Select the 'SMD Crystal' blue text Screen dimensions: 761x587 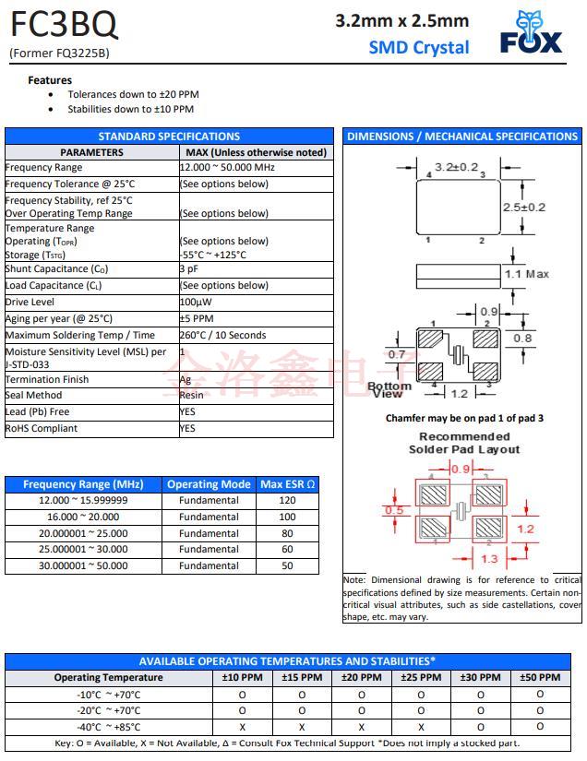point(419,47)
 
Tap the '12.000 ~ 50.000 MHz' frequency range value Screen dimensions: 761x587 point(228,168)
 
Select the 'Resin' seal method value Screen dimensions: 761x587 point(191,396)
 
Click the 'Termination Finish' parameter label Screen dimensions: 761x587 point(47,379)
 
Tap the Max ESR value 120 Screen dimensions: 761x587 point(287,500)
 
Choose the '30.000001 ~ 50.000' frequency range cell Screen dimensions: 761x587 point(83,566)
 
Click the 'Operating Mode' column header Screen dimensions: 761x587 point(209,484)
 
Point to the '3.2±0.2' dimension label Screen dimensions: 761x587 point(456,167)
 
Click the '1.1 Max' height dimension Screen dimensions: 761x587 point(526,274)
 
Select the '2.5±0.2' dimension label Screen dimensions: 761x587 point(524,208)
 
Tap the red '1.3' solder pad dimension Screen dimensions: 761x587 point(490,558)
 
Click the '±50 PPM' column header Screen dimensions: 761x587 point(540,677)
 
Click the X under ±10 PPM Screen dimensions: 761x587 point(243,726)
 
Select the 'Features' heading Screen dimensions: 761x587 point(50,80)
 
